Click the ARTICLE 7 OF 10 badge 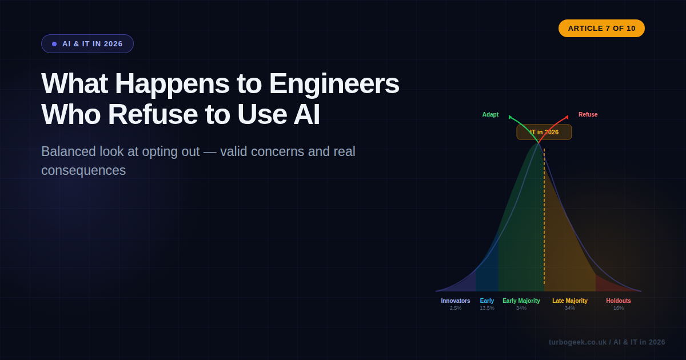coord(601,28)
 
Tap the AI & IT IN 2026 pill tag coord(87,44)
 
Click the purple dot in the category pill coord(54,44)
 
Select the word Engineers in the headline coord(334,83)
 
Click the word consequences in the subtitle coord(83,170)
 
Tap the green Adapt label coord(490,114)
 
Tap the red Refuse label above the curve coord(588,114)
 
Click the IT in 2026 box coord(544,132)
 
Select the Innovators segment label coord(455,301)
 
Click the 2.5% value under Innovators coord(455,308)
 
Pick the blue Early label coord(487,301)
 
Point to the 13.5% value coord(487,308)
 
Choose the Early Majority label coord(521,301)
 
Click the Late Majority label coord(570,301)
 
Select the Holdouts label coord(619,301)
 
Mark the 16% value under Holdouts coord(619,308)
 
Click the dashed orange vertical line coord(544,229)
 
